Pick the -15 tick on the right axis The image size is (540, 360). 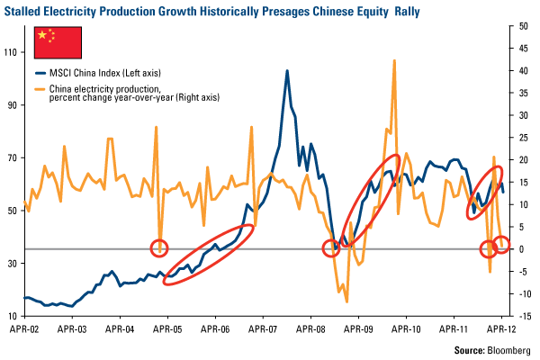(524, 316)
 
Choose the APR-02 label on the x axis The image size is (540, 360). (24, 330)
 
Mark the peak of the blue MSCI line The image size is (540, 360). (287, 70)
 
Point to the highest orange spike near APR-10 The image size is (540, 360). (394, 61)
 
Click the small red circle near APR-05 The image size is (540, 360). (160, 247)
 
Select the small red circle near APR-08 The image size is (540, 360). (332, 248)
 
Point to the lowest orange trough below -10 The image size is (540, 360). (346, 301)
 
